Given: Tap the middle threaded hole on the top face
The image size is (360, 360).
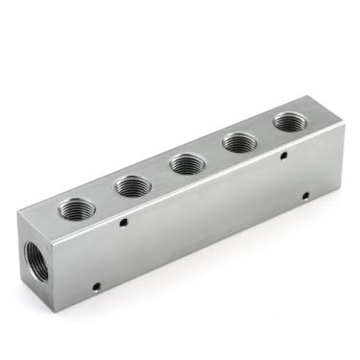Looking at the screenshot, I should [x=186, y=163].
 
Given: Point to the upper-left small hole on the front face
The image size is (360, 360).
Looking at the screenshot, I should [x=125, y=223].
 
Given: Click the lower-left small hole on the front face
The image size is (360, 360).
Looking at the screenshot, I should [x=96, y=285].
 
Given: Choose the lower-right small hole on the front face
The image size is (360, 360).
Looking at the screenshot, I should [x=305, y=196].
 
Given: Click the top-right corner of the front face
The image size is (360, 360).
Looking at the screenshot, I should [x=344, y=126].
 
